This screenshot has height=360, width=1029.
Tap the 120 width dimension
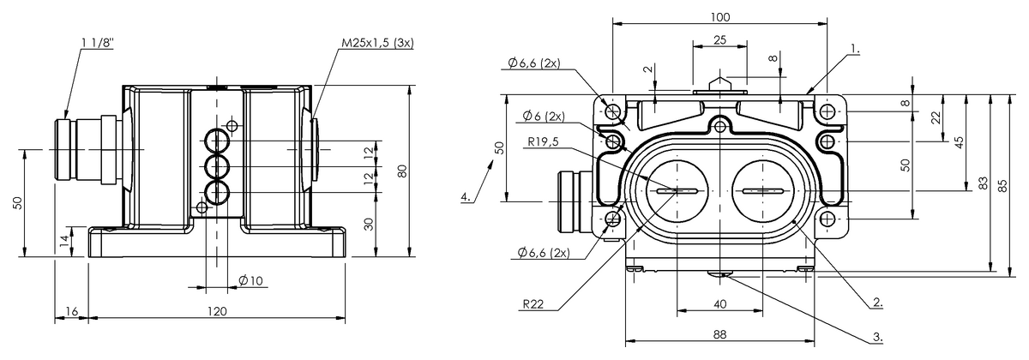coord(217,311)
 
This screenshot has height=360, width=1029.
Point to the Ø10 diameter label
coord(250,281)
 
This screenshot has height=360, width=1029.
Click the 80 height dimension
coord(402,171)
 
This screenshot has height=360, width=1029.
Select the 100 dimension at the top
coord(719,17)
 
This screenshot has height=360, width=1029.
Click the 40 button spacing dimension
coord(719,303)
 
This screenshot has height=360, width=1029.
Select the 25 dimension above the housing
coord(719,39)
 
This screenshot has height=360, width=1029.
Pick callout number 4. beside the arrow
coord(466,196)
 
